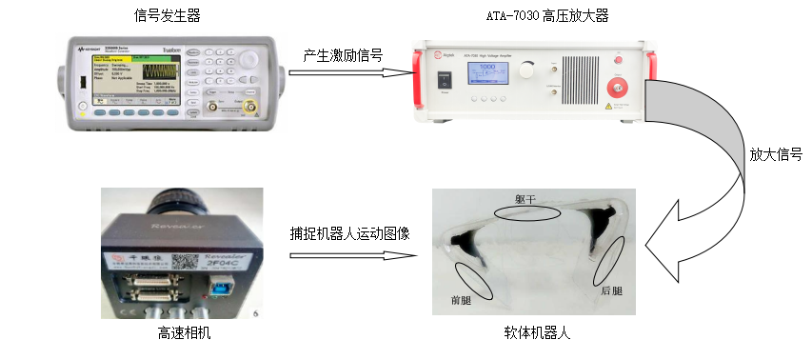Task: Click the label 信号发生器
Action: tap(167, 15)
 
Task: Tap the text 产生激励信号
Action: tap(345, 56)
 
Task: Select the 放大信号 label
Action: tap(775, 153)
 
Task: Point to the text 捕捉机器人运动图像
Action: tap(350, 231)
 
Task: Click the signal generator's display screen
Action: tap(133, 76)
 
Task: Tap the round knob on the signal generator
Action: tap(249, 57)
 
